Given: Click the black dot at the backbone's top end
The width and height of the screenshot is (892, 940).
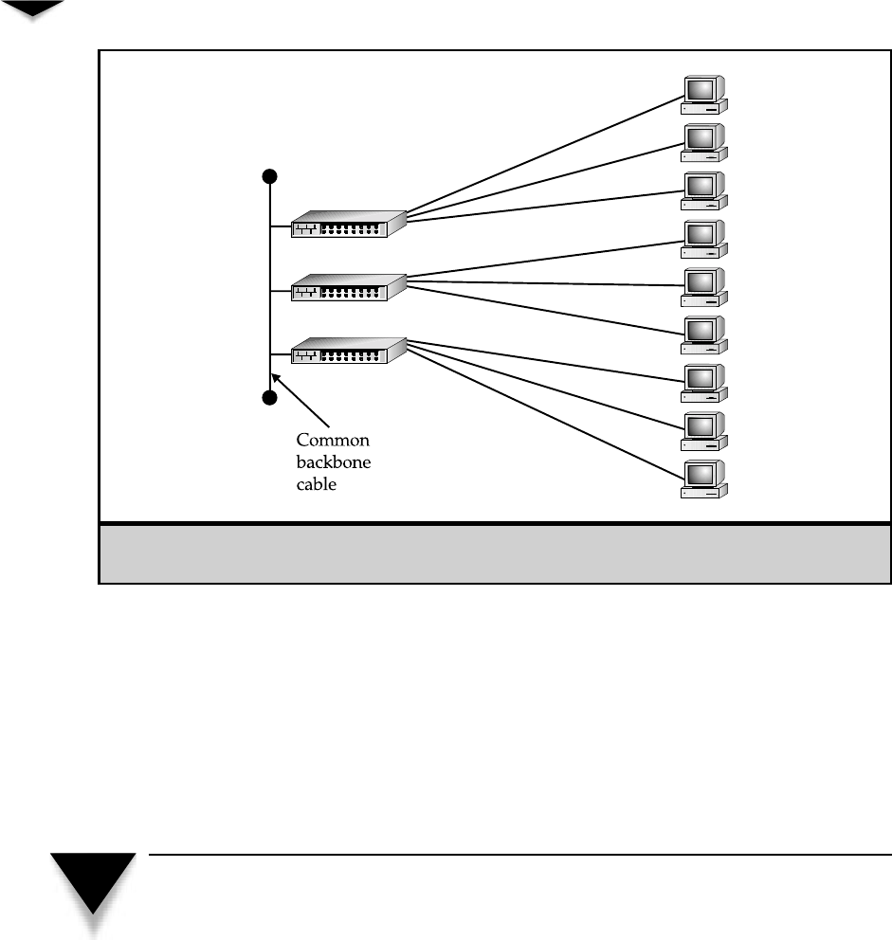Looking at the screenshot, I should pyautogui.click(x=270, y=176).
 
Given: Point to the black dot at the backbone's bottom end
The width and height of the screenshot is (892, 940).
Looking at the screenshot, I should pyautogui.click(x=270, y=398).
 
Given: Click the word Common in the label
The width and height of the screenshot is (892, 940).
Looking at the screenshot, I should pyautogui.click(x=333, y=441).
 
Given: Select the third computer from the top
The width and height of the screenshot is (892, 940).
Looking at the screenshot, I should pyautogui.click(x=704, y=189).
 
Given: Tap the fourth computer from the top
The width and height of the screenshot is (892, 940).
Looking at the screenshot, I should pyautogui.click(x=704, y=237).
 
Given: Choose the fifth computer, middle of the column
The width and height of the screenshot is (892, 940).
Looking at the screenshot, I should pyautogui.click(x=704, y=285).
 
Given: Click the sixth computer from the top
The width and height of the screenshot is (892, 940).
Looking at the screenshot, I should pyautogui.click(x=704, y=334).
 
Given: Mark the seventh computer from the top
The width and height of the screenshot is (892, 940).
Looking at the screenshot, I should pyautogui.click(x=704, y=382).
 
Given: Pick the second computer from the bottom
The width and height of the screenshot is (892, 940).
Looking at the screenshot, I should pyautogui.click(x=704, y=430).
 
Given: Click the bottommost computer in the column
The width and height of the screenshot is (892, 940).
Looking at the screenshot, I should pyautogui.click(x=704, y=479).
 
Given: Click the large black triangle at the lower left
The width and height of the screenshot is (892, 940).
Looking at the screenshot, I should pyautogui.click(x=93, y=881).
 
